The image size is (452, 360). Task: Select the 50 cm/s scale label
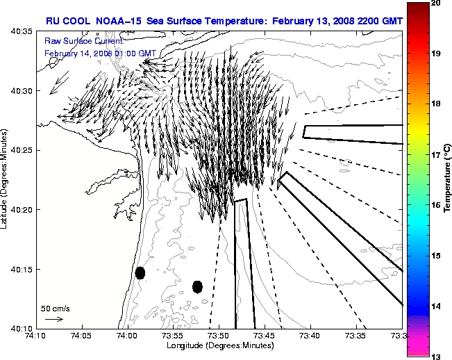(x=56, y=308)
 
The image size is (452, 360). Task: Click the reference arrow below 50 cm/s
(x=54, y=319)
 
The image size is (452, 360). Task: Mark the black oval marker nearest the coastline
(x=140, y=272)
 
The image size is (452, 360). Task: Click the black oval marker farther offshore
(x=197, y=286)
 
